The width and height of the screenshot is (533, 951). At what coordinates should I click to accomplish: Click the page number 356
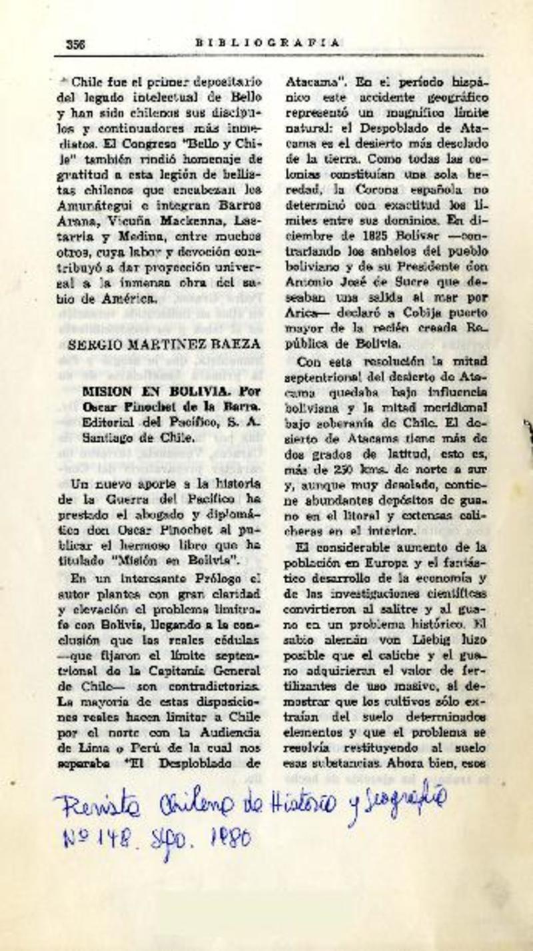pos(76,43)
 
